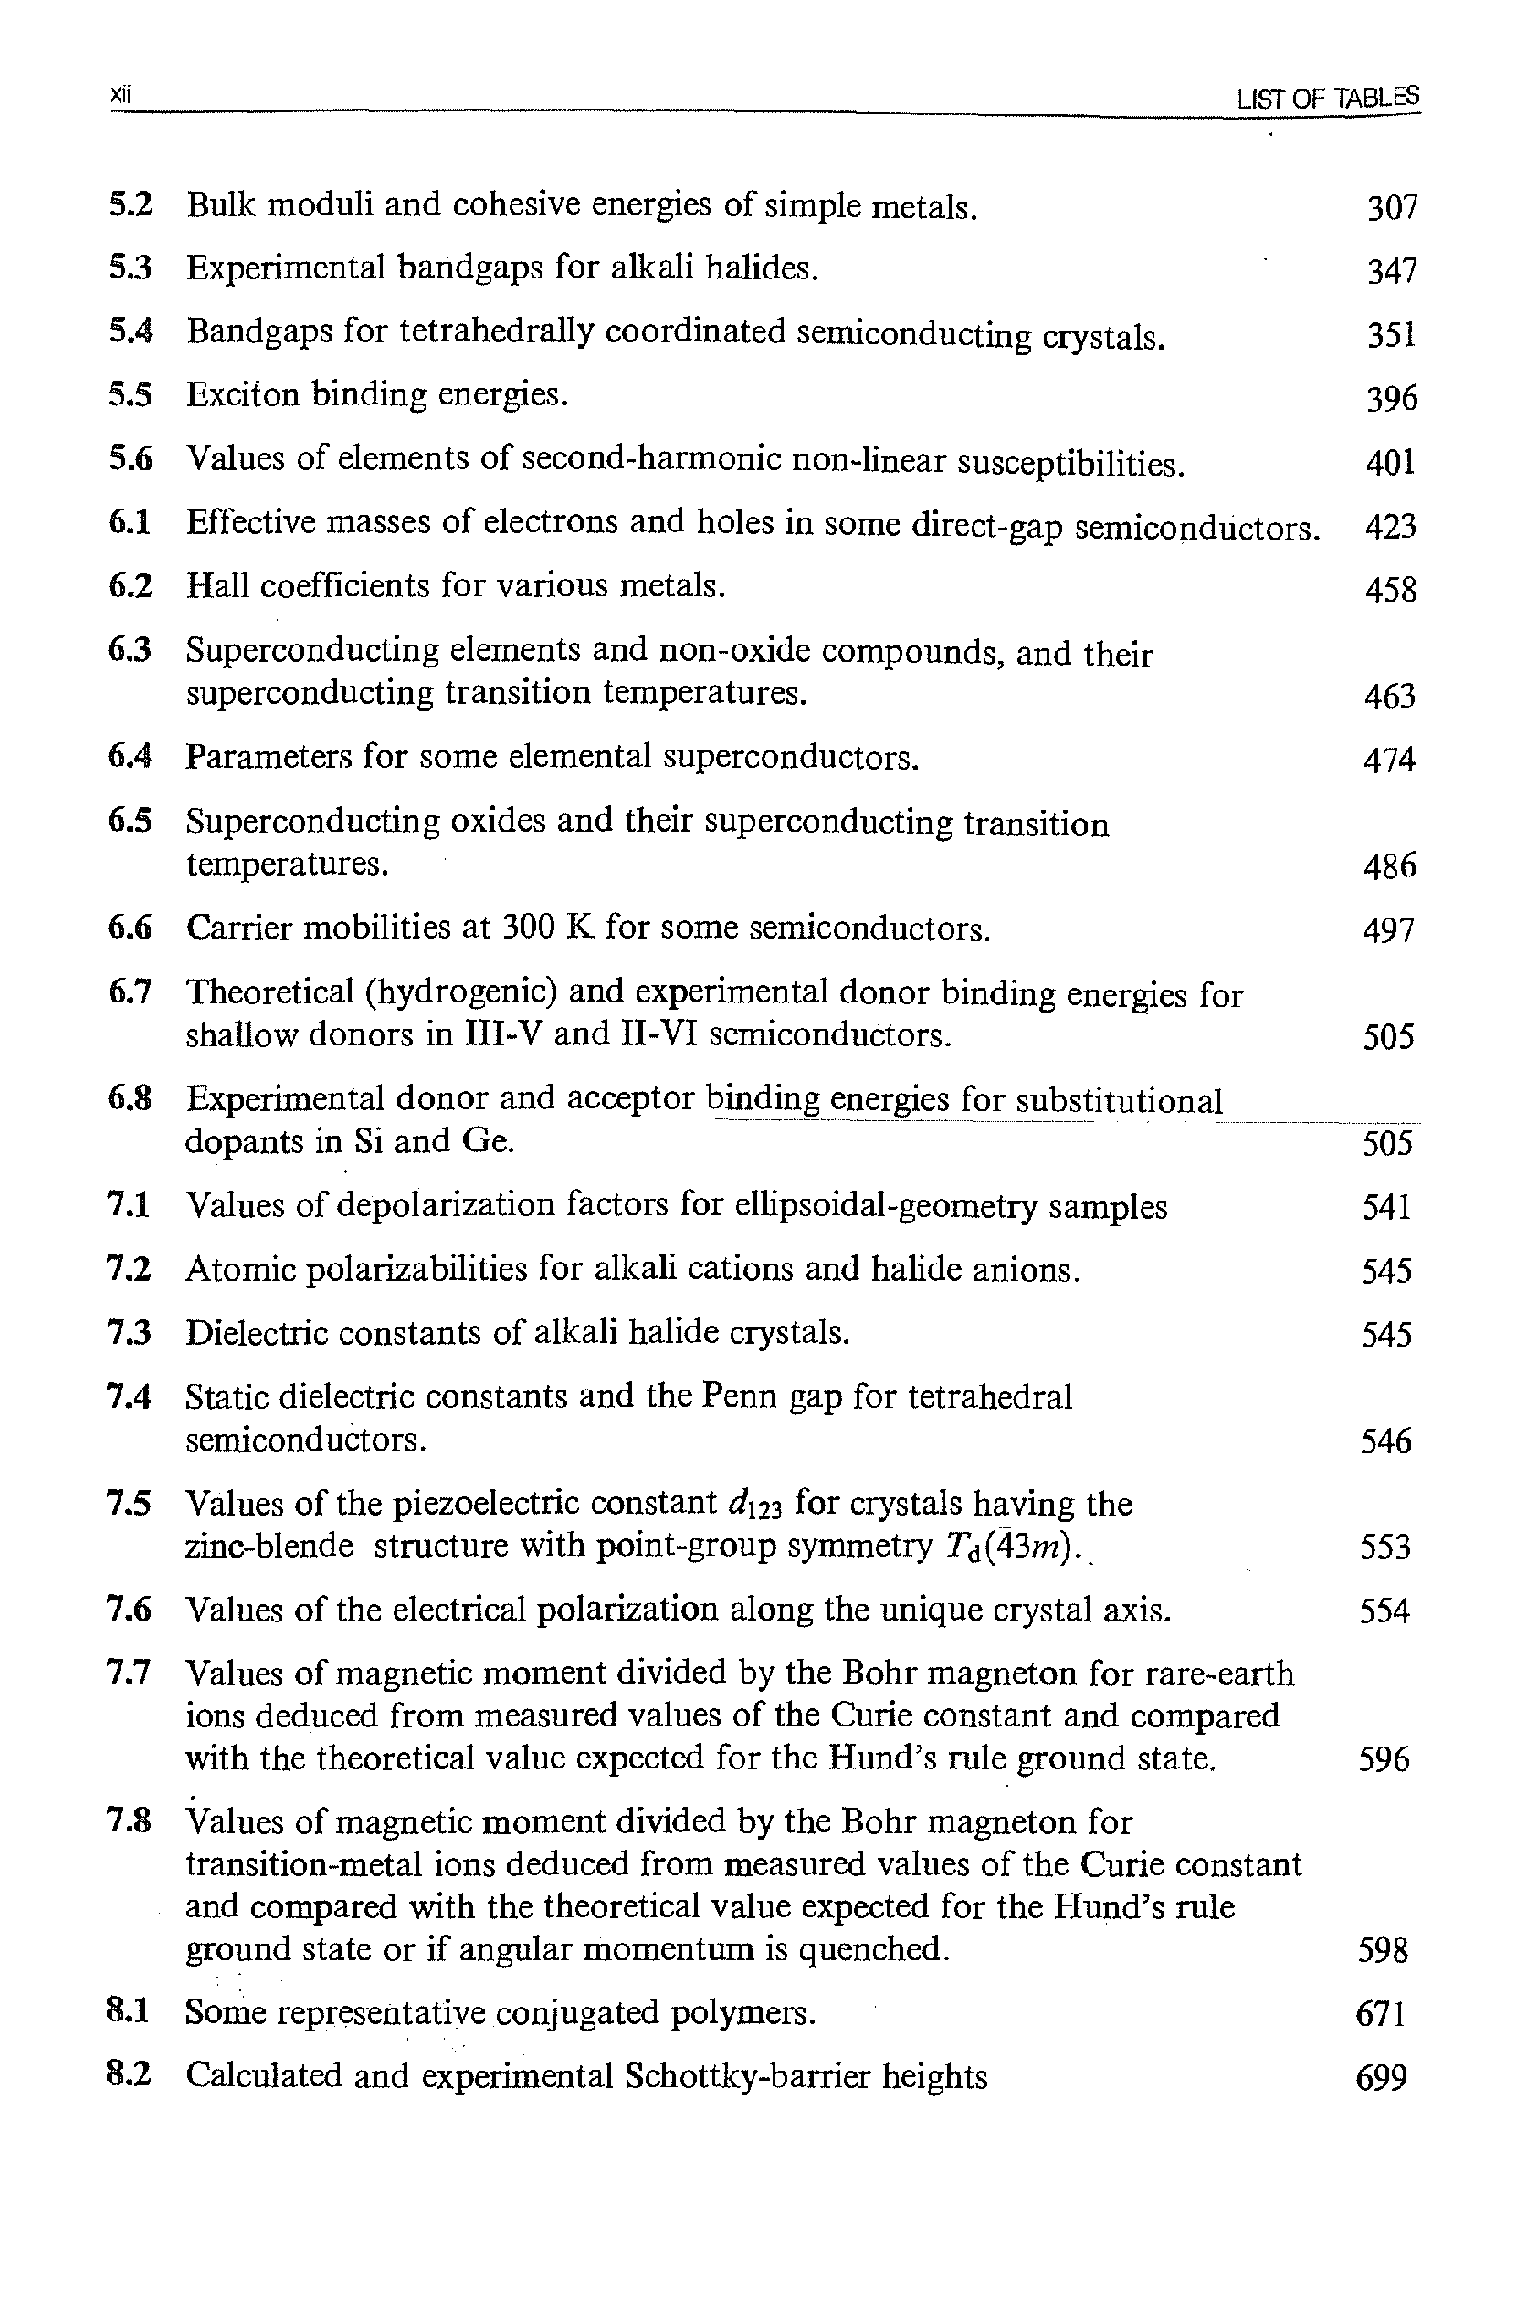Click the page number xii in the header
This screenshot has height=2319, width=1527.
tap(120, 95)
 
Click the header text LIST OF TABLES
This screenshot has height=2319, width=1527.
tap(1327, 98)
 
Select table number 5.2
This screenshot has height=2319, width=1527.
tap(130, 205)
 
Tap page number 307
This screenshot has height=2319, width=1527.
tap(1391, 207)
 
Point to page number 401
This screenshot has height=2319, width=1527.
tap(1391, 462)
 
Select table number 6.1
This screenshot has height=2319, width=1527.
tap(130, 522)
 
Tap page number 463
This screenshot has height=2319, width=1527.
tap(1390, 696)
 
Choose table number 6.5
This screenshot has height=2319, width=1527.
tap(130, 821)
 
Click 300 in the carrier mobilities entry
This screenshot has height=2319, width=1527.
tap(527, 927)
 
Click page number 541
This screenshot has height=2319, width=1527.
tap(1386, 1207)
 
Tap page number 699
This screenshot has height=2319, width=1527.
tap(1382, 2076)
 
